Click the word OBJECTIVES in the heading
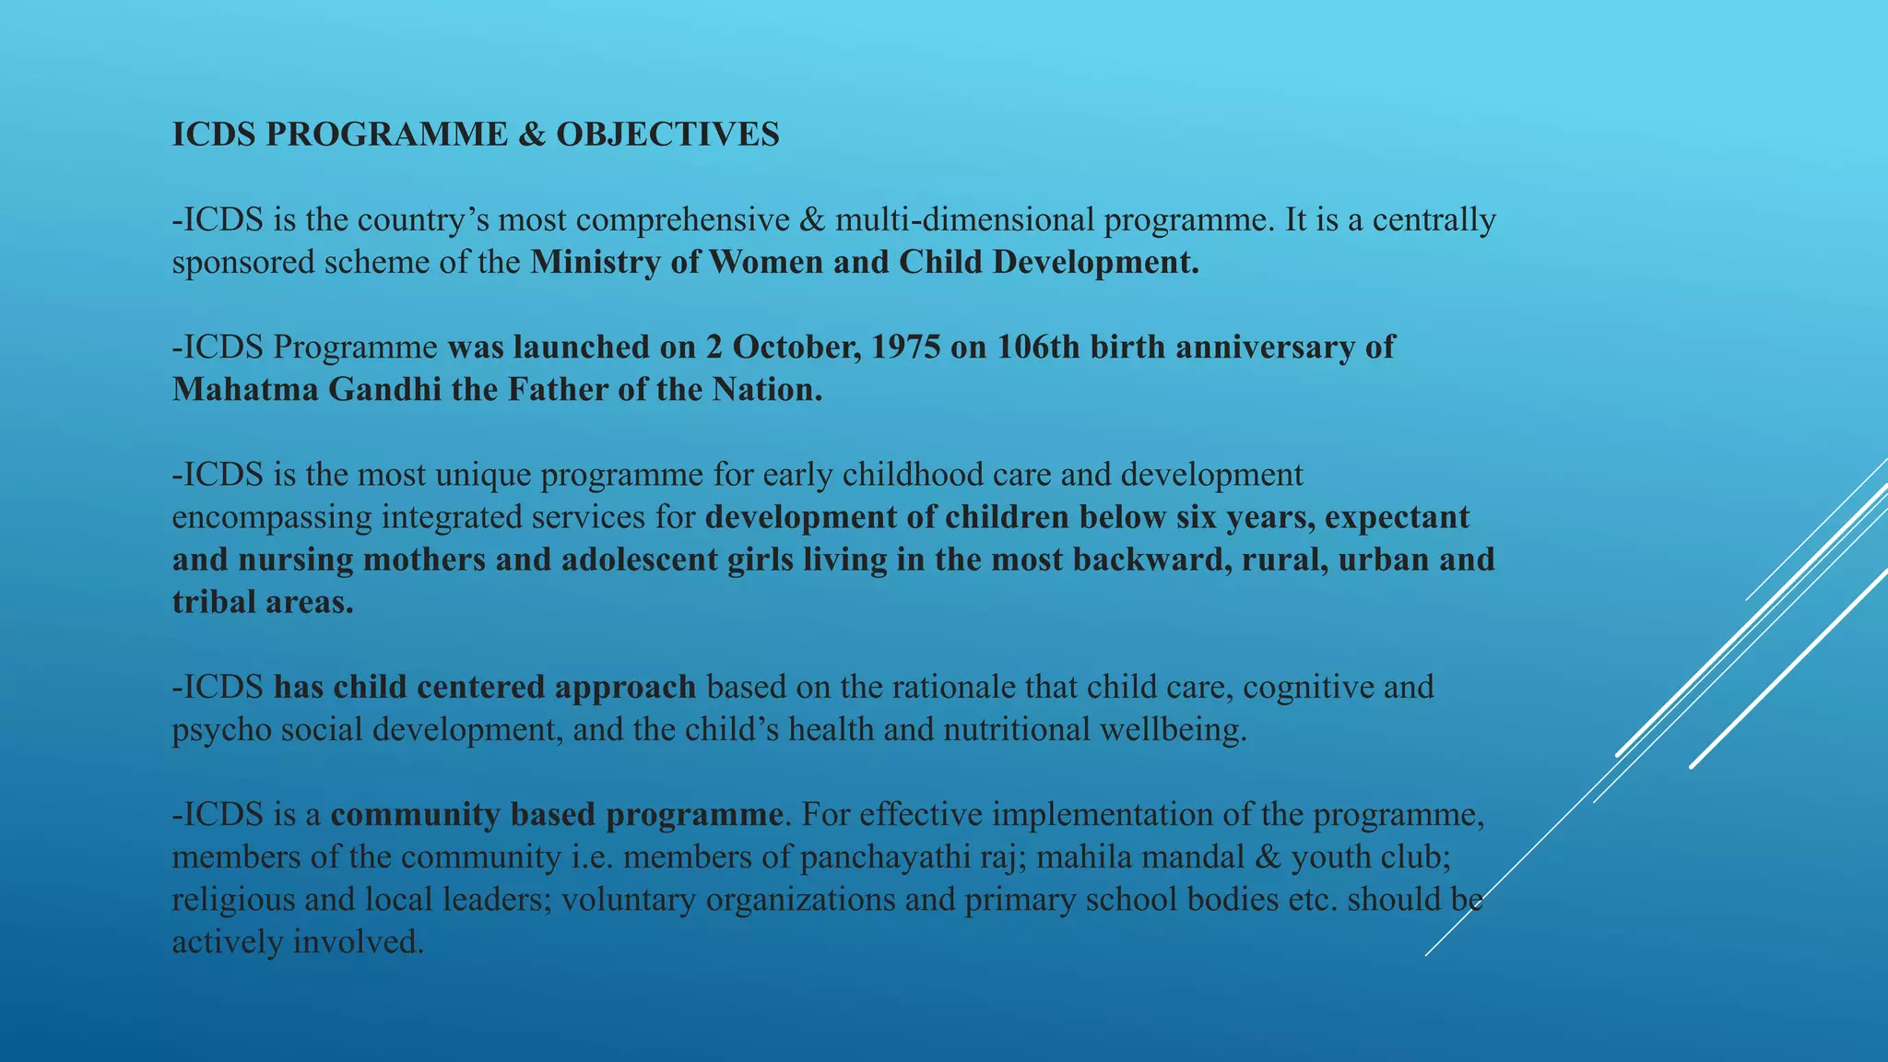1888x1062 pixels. (x=667, y=135)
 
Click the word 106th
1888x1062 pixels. (x=1038, y=348)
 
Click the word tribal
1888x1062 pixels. (x=214, y=602)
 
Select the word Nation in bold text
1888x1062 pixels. (x=767, y=390)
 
